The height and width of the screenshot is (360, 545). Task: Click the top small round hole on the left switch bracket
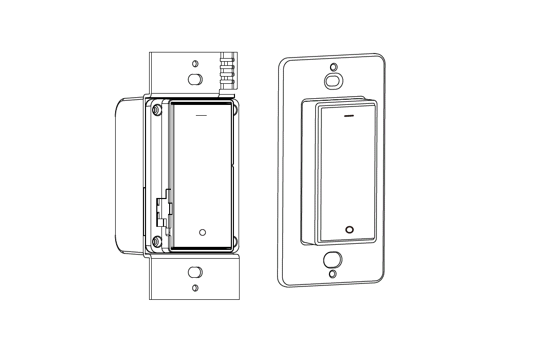coord(195,64)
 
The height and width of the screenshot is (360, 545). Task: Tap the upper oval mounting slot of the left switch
coord(195,80)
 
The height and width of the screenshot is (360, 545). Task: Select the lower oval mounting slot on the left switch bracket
coord(195,272)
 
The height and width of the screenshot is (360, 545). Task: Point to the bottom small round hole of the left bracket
coord(195,287)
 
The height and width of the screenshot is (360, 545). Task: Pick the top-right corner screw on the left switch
coord(235,109)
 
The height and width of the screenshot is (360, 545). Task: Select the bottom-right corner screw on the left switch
coord(235,240)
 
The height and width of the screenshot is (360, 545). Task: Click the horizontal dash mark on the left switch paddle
coord(202,115)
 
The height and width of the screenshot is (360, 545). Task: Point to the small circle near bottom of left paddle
coord(203,232)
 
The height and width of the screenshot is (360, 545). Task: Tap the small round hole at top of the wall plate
coord(334,67)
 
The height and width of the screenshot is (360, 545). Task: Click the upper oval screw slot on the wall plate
coord(333,81)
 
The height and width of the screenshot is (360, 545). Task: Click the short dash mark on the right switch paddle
coord(349,116)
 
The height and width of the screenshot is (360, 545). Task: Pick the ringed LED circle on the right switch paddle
coord(350,229)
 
